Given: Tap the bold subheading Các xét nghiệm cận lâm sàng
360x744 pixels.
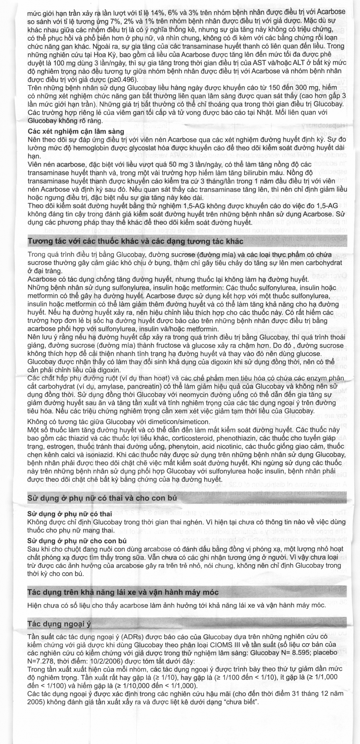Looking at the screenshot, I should [x=76, y=131].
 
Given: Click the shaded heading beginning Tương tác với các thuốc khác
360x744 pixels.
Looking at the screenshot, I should [x=135, y=241].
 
